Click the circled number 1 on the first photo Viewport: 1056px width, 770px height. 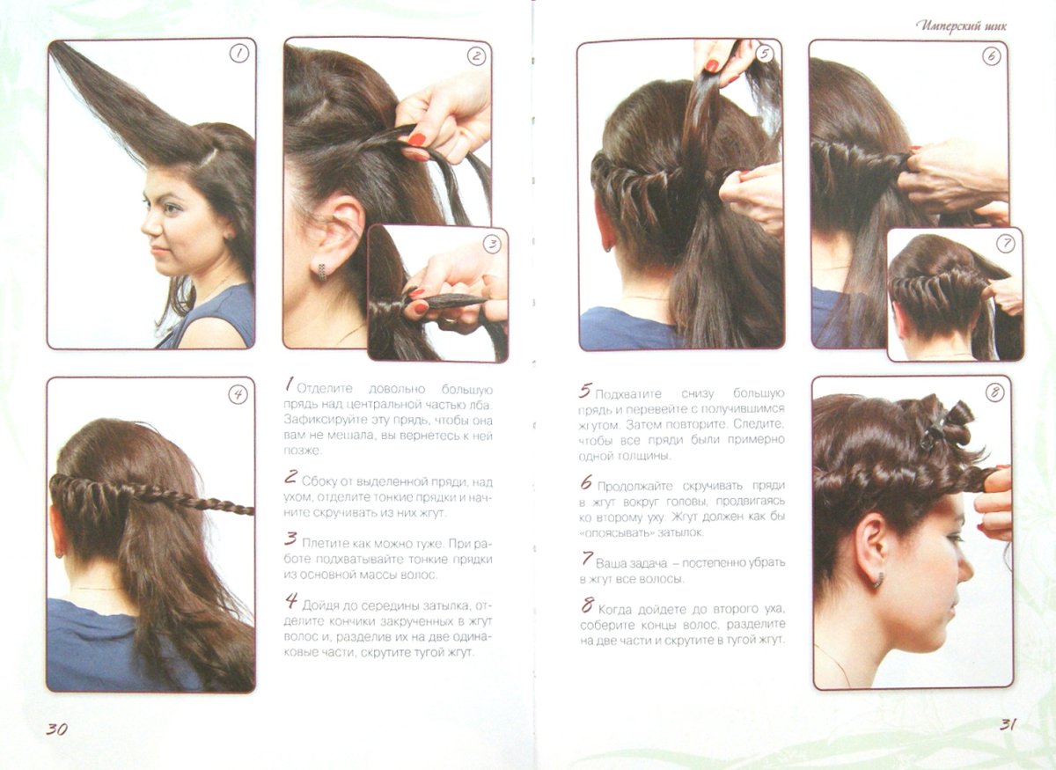click(239, 54)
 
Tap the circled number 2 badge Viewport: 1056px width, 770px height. click(476, 56)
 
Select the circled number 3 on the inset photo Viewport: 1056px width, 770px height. click(492, 245)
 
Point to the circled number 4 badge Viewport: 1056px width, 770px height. click(238, 394)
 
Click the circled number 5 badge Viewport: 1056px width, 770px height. click(765, 54)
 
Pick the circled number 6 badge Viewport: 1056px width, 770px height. click(992, 56)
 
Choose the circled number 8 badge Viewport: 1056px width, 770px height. click(994, 392)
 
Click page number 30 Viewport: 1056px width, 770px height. click(56, 729)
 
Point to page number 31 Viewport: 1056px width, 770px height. click(1008, 724)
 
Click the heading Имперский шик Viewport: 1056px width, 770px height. click(962, 26)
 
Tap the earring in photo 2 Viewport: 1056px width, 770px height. click(322, 271)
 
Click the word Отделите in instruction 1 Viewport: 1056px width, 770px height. click(325, 389)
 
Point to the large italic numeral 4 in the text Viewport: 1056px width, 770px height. click(291, 600)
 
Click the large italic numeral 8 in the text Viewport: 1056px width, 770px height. click(587, 605)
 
